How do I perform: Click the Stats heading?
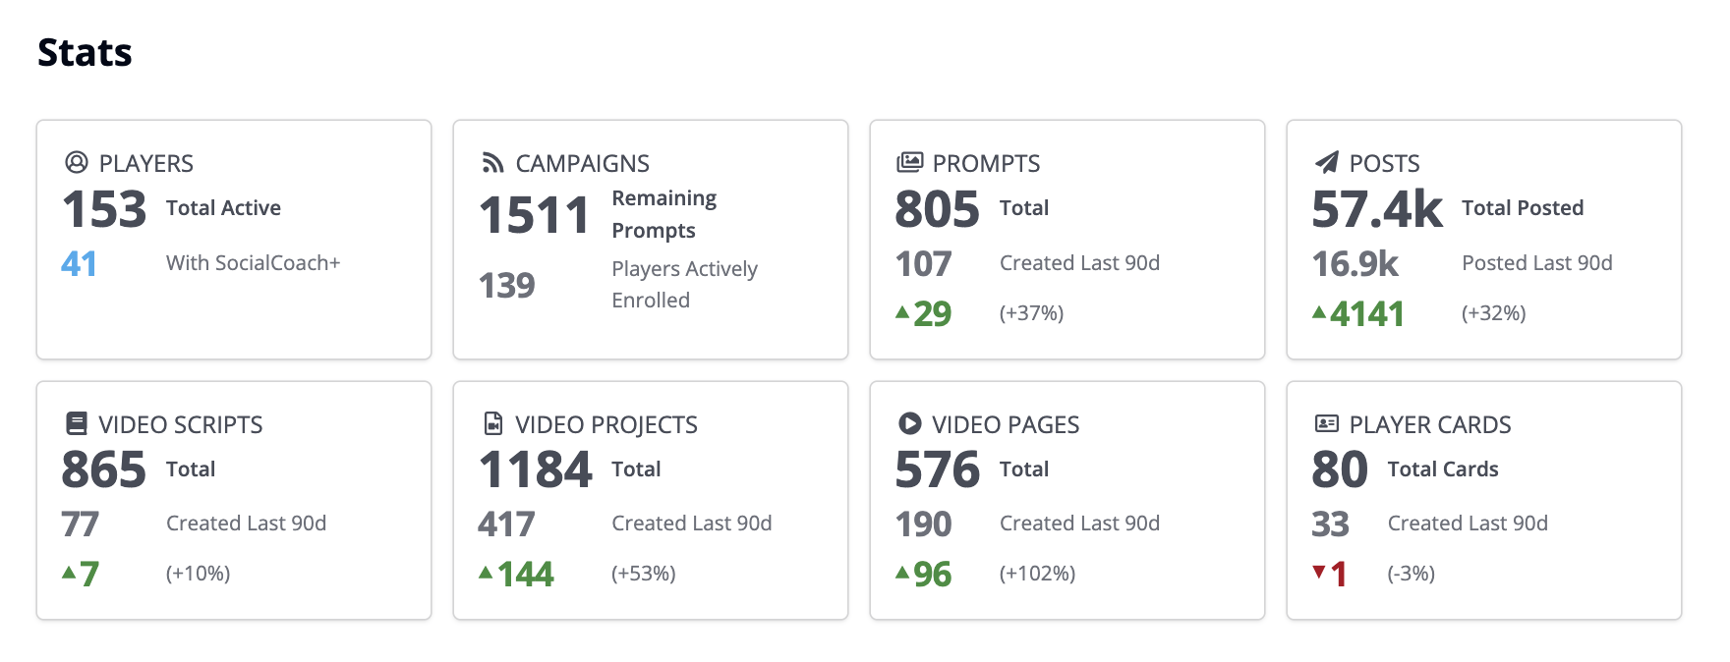pos(85,53)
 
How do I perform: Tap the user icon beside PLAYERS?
pos(76,162)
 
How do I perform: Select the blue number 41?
pos(79,263)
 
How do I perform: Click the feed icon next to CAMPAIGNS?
pos(492,163)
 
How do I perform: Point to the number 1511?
pos(534,215)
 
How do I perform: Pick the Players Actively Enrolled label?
pos(684,284)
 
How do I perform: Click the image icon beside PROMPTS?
pos(909,162)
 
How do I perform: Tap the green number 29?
pos(932,313)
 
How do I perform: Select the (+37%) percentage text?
pos(1031,313)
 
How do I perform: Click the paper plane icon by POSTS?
pos(1327,162)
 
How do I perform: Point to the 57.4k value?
pos(1377,209)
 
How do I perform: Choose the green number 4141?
pos(1366,314)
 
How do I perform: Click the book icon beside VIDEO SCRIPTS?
pos(76,423)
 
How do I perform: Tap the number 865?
pos(103,469)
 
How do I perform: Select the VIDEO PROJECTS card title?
pos(605,424)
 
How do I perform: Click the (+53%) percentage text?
pos(643,574)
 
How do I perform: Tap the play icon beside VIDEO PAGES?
pos(909,423)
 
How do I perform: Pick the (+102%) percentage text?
pos(1037,574)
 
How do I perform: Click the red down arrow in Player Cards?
pos(1319,572)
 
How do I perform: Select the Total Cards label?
pos(1442,469)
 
